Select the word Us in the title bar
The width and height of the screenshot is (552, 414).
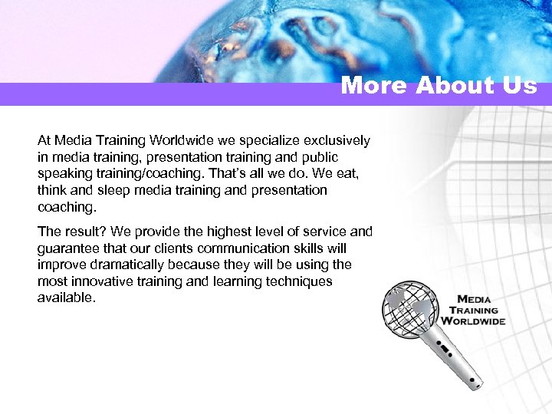[x=521, y=85]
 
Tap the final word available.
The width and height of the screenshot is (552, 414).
[x=65, y=297]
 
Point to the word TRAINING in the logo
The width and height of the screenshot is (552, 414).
[x=474, y=310]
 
